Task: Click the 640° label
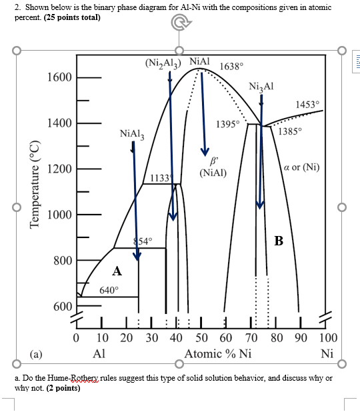coord(109,290)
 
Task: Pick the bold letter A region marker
coord(117,271)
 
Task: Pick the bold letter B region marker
coord(279,241)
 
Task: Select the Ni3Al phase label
coord(261,87)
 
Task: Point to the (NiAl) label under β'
coord(213,173)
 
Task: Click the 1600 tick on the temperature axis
coord(59,77)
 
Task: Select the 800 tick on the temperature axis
coord(63,261)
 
